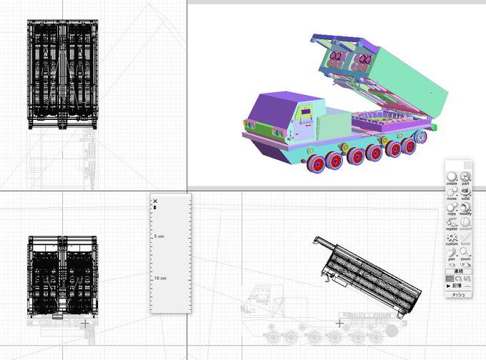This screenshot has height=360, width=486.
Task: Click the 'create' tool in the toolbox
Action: (x=452, y=176)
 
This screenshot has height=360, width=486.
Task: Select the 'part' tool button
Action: (x=466, y=176)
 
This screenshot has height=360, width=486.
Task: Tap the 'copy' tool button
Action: (x=452, y=207)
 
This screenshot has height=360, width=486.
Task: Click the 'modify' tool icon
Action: (x=466, y=207)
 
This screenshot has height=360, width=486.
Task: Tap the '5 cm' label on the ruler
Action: (x=162, y=236)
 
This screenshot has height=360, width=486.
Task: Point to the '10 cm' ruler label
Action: (x=160, y=278)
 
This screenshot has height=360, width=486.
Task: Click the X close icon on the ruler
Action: (x=154, y=201)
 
